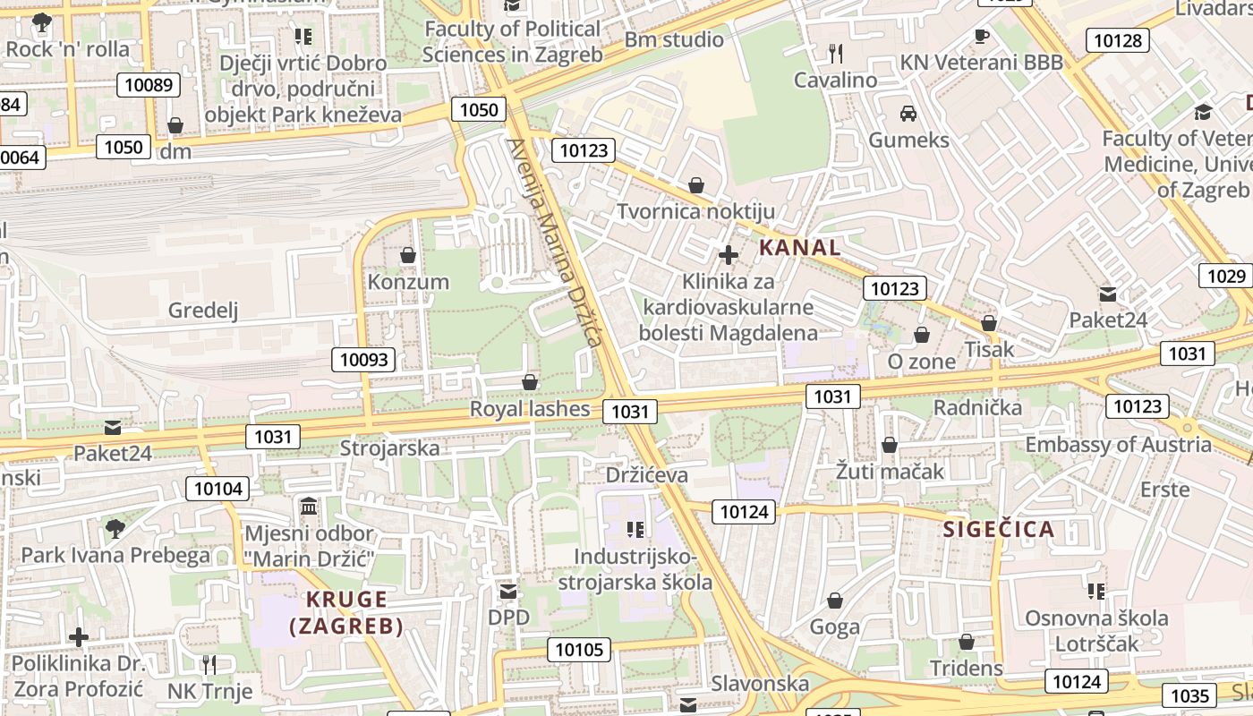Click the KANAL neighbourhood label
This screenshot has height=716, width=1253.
pos(800,248)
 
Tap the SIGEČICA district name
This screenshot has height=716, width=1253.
pos(999,529)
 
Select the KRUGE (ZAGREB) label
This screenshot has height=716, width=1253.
pos(346,612)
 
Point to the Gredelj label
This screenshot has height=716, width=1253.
pos(203,311)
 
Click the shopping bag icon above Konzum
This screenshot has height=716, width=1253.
pos(408,256)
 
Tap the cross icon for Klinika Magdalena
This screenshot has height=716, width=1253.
pos(729,255)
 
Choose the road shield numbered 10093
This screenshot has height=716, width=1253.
pos(365,360)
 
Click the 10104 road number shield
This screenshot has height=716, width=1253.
pos(217,489)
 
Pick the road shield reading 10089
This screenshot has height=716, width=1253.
pos(149,85)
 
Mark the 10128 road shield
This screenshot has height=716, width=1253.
pos(1117,40)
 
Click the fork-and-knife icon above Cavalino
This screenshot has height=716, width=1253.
pos(836,54)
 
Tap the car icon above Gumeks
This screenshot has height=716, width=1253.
pos(908,114)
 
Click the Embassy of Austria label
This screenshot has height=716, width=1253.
pos(1118,445)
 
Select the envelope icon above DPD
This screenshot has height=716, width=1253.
pos(508,592)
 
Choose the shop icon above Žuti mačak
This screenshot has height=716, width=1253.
pos(890,445)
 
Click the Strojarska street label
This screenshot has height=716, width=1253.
pos(390,447)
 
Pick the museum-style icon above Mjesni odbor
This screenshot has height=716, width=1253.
pos(309,507)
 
